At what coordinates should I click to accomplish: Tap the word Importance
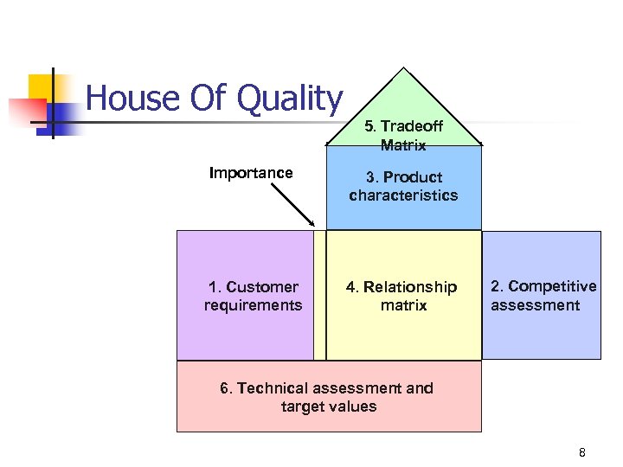click(251, 173)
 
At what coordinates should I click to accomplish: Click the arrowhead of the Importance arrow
click(311, 226)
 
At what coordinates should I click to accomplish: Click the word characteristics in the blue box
click(403, 195)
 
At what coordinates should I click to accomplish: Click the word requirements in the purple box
click(253, 305)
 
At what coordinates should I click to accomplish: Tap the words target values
click(329, 406)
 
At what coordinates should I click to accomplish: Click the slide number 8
click(582, 452)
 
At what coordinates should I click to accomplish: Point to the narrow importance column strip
click(320, 295)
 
